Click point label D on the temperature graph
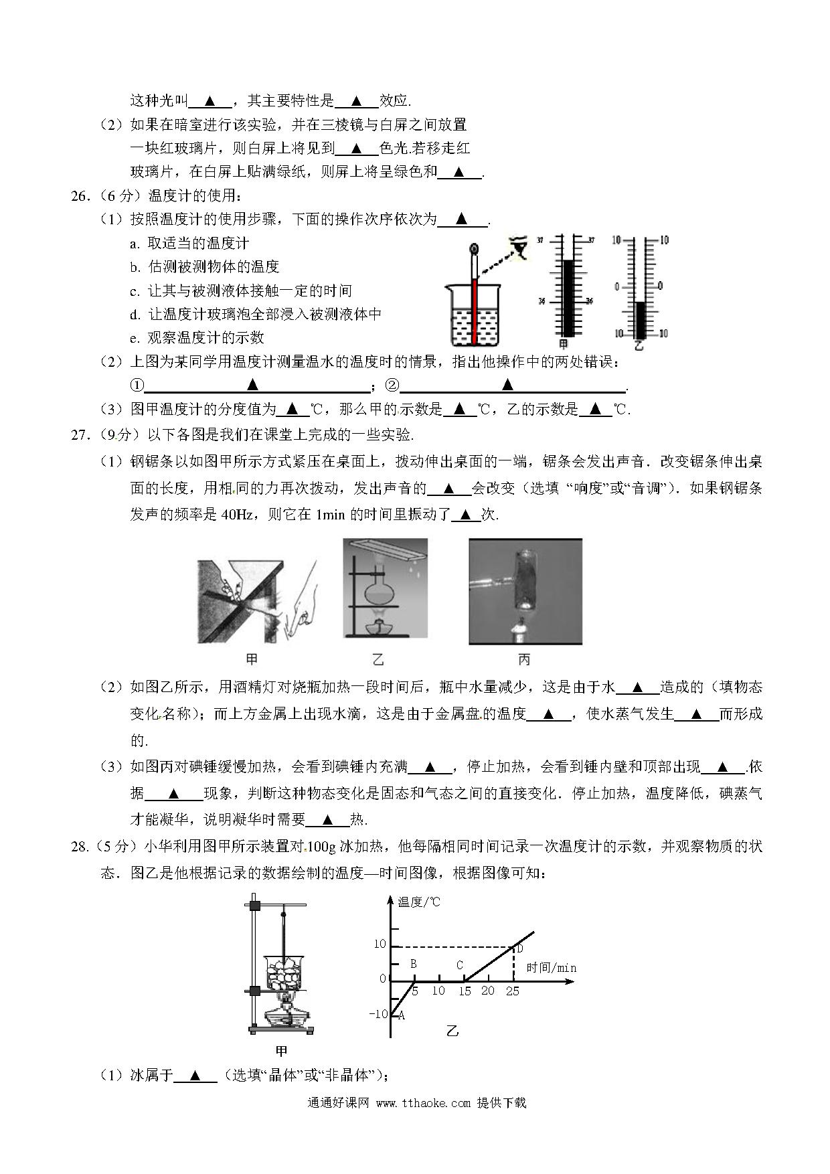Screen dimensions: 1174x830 519,948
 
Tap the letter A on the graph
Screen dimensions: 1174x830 402,1015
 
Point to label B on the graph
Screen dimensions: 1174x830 414,964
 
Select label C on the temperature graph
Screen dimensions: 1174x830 459,965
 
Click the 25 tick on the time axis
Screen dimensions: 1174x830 512,991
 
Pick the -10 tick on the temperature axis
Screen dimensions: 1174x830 378,1014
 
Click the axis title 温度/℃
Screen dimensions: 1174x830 419,902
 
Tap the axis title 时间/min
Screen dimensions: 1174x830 551,968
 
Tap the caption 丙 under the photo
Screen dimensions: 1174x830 524,660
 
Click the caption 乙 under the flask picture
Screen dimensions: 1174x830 378,660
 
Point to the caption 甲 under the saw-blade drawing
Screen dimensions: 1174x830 252,660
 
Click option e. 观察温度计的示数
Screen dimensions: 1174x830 197,338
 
